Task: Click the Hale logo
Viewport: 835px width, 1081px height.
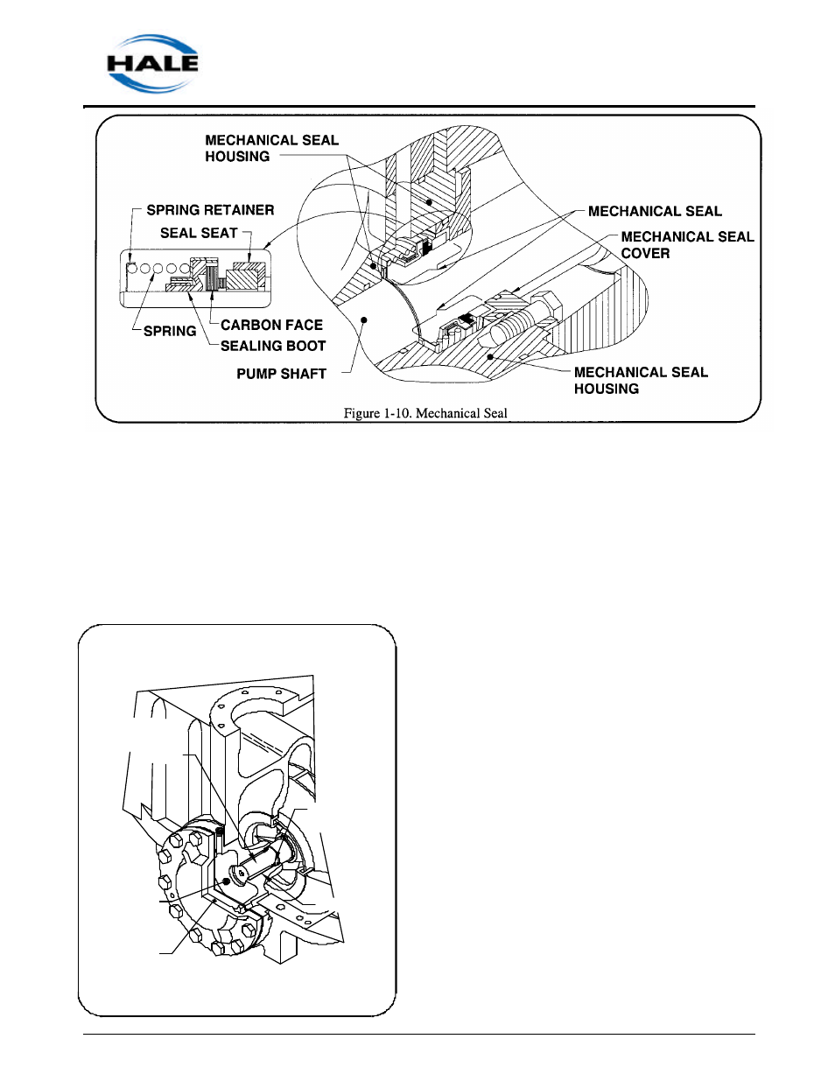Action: pos(152,64)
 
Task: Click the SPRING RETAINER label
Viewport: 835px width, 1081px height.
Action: pos(210,210)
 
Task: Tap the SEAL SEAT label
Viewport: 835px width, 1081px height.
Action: pos(199,233)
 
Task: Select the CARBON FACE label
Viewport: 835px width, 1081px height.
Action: pos(271,325)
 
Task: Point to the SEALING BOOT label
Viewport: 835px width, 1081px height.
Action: pos(273,346)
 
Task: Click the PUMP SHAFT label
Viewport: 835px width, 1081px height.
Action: pos(282,374)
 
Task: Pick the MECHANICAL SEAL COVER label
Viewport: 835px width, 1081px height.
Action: pos(687,245)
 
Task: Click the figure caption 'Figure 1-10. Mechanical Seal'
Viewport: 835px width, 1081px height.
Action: pos(425,413)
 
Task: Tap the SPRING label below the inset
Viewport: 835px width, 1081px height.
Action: pos(170,331)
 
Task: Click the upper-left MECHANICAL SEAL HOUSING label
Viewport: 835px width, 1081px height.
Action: pos(271,148)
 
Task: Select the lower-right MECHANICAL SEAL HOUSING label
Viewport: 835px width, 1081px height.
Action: pos(641,380)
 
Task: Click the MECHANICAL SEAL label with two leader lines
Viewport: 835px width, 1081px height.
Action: pos(655,211)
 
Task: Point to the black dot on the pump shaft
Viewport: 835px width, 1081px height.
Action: pos(364,319)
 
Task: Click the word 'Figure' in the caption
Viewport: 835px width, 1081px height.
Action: pos(361,413)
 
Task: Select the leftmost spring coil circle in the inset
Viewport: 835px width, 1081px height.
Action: pos(132,269)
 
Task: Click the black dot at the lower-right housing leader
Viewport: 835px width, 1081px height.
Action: pos(490,356)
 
